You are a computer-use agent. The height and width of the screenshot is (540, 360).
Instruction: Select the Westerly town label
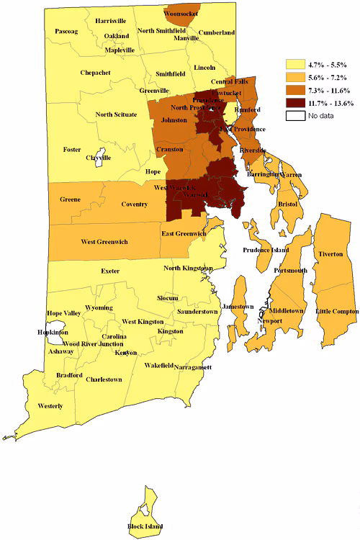(x=50, y=406)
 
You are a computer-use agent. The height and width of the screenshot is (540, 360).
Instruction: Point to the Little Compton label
(x=337, y=310)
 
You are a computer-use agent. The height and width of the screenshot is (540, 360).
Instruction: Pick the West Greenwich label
(x=104, y=242)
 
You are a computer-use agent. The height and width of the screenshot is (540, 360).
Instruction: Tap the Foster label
(x=72, y=150)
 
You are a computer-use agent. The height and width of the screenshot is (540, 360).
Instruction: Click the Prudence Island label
(x=266, y=250)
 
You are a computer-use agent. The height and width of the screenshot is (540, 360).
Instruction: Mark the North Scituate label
(x=119, y=114)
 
